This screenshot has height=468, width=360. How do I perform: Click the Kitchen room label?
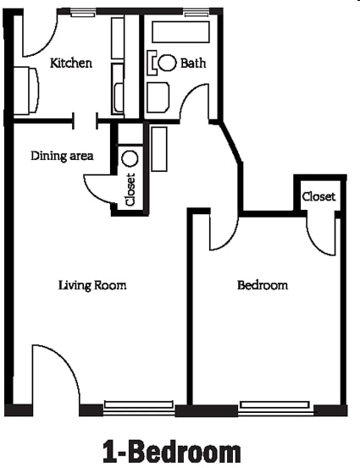[x=71, y=63]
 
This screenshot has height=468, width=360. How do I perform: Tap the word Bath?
[x=193, y=63]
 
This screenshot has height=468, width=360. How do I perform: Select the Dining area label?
[x=62, y=156]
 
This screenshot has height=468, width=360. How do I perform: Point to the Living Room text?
[x=92, y=285]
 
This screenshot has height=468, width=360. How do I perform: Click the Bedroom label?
[x=262, y=285]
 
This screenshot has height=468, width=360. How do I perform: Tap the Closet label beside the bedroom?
[x=318, y=196]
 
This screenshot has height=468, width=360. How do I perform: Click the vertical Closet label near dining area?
[x=130, y=190]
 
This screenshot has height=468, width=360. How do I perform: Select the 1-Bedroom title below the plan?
[x=171, y=451]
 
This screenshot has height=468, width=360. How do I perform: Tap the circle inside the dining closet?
[x=130, y=157]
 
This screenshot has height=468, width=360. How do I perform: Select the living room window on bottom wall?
[x=139, y=406]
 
